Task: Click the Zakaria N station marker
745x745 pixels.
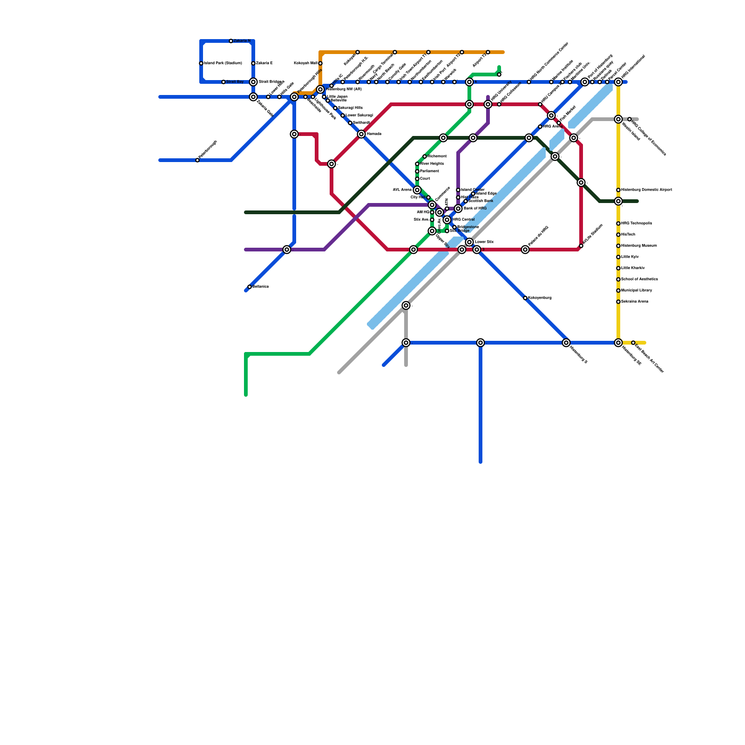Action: point(231,41)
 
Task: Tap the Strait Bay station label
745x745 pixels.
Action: point(235,82)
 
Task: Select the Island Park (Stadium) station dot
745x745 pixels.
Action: point(201,63)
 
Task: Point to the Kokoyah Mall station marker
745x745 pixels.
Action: point(320,63)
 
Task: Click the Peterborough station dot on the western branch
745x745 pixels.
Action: point(197,160)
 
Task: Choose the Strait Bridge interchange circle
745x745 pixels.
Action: point(253,82)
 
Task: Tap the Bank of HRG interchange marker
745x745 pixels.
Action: point(458,209)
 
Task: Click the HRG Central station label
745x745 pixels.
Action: point(464,219)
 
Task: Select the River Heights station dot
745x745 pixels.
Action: point(417,164)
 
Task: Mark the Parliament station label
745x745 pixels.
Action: point(429,171)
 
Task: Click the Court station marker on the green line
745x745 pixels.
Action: point(417,179)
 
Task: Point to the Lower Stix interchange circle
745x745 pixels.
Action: point(469,242)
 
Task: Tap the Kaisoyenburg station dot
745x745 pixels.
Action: point(525,298)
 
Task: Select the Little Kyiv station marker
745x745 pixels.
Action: point(618,257)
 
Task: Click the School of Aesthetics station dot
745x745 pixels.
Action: point(618,279)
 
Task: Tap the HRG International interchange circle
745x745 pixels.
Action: point(618,82)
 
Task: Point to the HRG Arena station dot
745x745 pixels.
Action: point(540,127)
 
